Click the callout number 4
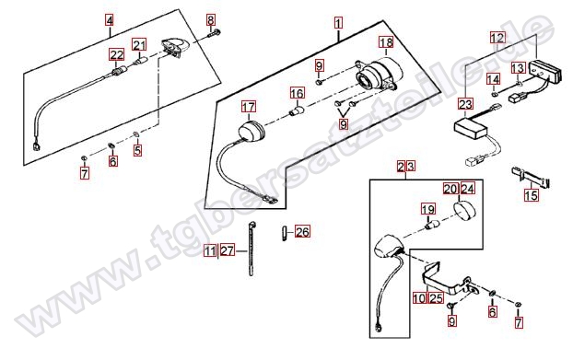[110, 19]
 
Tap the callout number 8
[210, 19]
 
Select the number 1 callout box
[338, 24]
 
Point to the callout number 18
[386, 42]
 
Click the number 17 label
[249, 107]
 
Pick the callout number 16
[298, 93]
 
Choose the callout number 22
[117, 55]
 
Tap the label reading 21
[139, 45]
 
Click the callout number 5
[137, 150]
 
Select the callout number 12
[497, 38]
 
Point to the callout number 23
[465, 104]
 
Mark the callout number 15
[532, 195]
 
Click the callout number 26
[302, 232]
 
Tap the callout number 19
[428, 209]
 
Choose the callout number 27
[227, 251]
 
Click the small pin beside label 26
[284, 233]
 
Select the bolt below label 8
[213, 33]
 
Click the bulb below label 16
[297, 110]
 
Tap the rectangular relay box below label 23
[470, 129]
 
